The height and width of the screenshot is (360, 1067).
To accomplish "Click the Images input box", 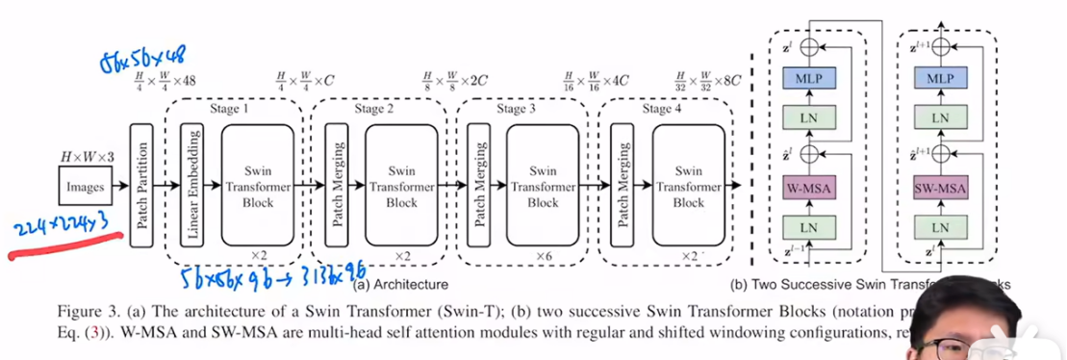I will point(86,186).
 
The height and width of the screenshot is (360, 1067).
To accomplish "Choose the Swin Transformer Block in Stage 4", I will point(688,185).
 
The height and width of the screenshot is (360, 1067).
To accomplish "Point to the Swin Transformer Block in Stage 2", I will point(401,185).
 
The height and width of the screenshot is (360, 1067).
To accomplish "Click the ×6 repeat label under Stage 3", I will point(544,256).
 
